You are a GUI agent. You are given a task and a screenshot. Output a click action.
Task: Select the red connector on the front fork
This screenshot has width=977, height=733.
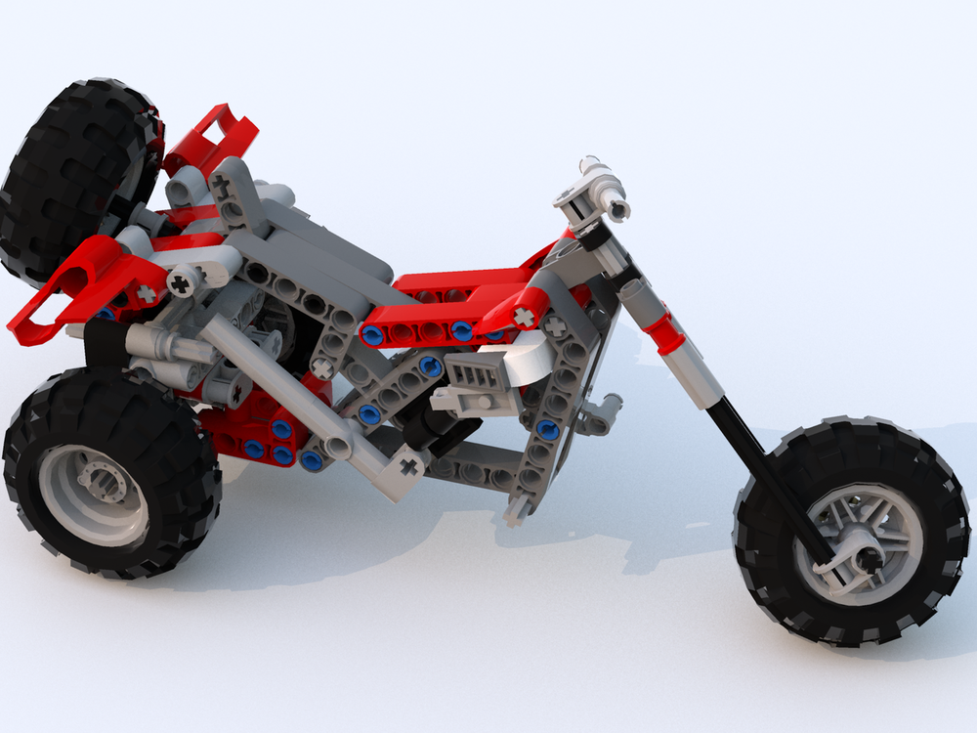click(668, 332)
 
